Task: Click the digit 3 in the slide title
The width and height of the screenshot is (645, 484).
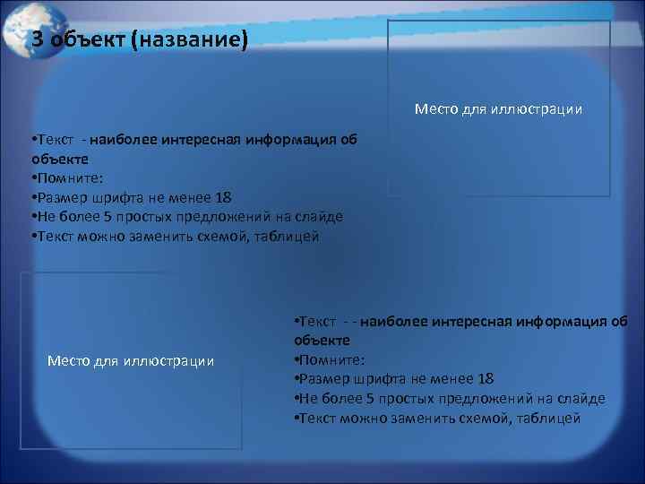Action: coord(38,39)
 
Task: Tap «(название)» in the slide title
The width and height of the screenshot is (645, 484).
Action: coord(187,39)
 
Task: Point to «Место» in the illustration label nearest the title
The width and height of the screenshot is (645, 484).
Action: coord(436,109)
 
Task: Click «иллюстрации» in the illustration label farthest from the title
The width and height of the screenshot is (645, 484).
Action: coord(170,360)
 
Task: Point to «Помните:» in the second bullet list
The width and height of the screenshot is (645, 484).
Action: coord(329,359)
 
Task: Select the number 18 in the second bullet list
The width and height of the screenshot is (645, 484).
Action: coord(486,379)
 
